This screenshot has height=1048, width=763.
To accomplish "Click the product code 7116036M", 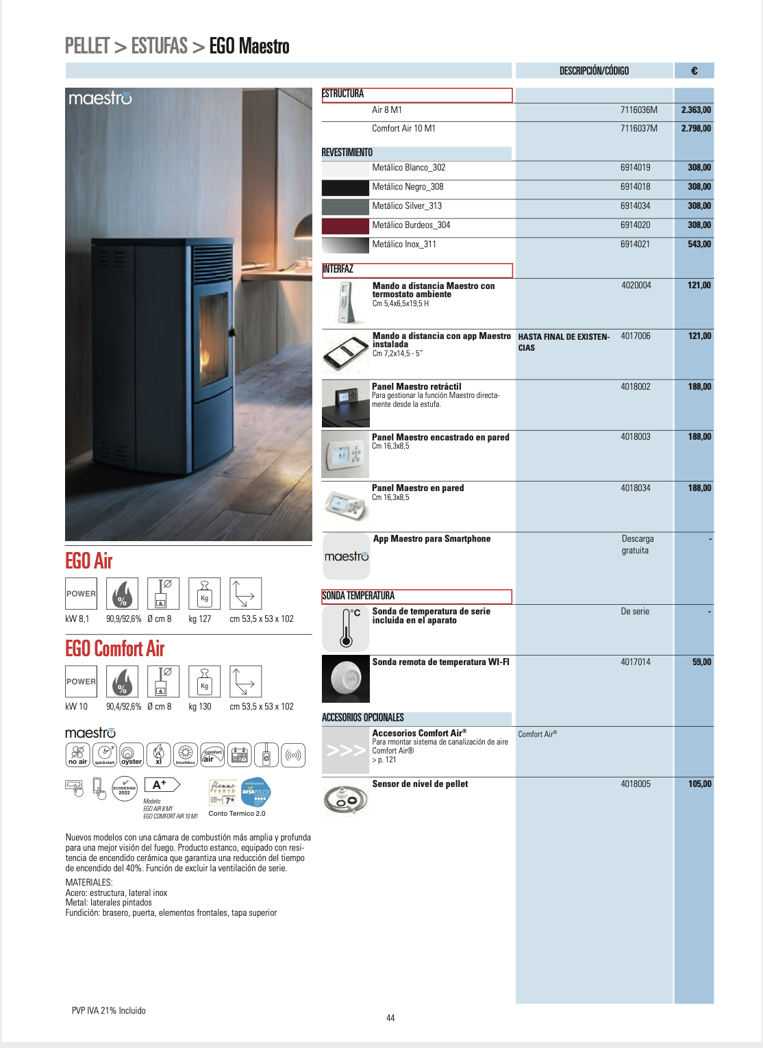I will point(638,110).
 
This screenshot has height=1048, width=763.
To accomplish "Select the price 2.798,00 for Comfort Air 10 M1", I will point(695,128).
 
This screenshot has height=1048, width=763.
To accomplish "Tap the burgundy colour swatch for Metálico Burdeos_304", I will point(345,225).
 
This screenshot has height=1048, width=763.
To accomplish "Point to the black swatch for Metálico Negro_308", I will point(345,187).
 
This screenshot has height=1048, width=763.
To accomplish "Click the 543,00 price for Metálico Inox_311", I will point(699,244).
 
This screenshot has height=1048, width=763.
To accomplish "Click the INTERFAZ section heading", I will point(338,269).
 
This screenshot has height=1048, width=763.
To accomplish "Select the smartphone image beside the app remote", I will point(346,353).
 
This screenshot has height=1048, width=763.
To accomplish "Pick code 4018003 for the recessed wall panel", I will point(636,436).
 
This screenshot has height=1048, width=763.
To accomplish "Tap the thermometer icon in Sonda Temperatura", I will point(346,628).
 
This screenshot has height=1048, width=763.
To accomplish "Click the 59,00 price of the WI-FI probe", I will point(701,662).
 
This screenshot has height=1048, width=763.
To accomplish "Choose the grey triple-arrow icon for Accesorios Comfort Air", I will point(345,751).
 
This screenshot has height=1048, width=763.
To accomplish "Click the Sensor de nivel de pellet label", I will point(420,784).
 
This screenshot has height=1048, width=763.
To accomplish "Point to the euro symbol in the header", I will point(695,71).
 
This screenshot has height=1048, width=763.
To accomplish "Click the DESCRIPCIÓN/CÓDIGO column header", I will point(594,71).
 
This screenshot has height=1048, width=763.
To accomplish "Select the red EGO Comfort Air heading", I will point(115,649).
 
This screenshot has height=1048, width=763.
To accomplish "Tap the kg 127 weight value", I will point(200,619).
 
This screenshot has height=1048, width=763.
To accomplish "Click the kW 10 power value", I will point(77,706).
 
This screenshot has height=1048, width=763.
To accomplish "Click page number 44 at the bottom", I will point(390,1018).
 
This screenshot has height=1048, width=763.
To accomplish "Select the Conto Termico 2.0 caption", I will point(237,814).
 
